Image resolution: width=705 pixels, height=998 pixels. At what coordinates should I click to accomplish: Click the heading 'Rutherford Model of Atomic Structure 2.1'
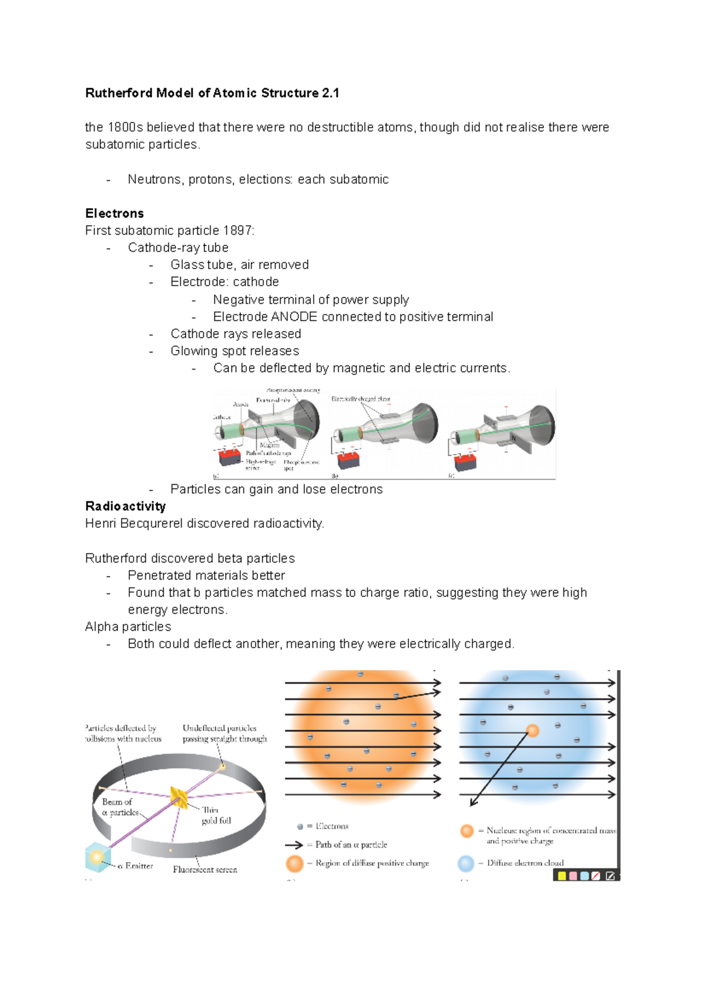point(212,93)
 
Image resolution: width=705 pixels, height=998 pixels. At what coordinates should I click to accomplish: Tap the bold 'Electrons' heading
point(115,213)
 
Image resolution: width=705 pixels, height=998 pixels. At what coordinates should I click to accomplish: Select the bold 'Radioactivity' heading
point(125,506)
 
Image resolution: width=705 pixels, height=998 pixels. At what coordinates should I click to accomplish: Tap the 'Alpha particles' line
point(128,627)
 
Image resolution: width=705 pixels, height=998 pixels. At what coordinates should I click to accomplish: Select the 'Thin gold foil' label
point(216,815)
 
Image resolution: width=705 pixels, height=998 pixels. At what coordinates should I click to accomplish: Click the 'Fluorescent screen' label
point(205,869)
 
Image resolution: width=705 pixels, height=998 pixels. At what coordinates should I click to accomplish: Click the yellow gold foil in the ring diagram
point(179,796)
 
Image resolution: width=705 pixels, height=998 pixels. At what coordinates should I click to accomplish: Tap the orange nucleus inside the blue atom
point(532,731)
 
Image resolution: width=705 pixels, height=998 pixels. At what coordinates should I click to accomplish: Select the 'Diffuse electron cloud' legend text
point(525,863)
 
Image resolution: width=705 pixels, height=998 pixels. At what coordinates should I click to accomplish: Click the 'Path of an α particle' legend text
point(351,845)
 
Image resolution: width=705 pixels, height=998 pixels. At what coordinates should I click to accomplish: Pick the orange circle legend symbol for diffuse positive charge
point(294,863)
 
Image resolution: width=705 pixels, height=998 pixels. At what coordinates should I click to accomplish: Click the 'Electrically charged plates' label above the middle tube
point(360,398)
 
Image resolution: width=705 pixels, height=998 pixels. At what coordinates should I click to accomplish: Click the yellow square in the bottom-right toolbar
point(562,876)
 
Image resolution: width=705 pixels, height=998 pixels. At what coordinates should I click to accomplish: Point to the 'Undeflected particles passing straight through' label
point(224,733)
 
